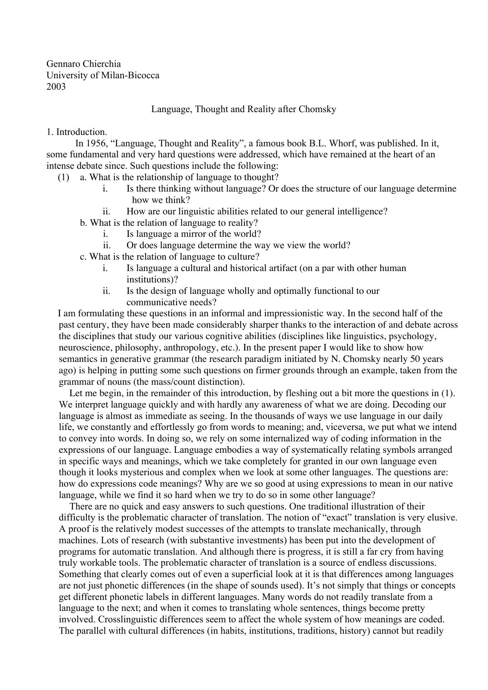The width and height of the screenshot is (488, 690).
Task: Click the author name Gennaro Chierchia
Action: (x=83, y=64)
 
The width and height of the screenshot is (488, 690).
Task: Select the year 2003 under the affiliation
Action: (x=56, y=87)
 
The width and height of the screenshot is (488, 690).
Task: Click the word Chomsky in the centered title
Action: (x=317, y=109)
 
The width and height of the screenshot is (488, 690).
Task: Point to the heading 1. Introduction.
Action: (x=77, y=132)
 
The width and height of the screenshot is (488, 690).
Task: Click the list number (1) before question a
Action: (x=63, y=177)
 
